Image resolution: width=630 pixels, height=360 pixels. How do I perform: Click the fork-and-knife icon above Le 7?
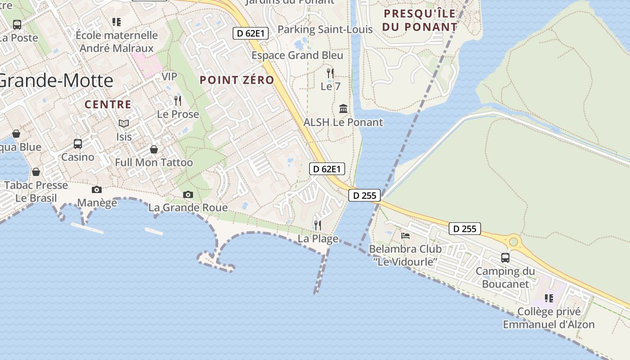(330, 73)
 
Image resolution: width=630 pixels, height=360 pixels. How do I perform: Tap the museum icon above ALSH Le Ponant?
(343, 109)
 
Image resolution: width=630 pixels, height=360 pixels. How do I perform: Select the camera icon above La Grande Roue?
(188, 195)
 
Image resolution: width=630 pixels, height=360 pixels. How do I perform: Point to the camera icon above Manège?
(97, 190)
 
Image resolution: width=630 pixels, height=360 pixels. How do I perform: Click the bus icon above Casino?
(78, 144)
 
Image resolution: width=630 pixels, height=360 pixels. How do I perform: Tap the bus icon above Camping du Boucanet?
(505, 258)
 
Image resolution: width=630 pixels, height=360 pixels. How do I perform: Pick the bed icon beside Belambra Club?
(405, 235)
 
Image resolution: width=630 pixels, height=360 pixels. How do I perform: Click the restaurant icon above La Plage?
(318, 225)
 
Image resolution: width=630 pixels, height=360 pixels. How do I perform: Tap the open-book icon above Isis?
(124, 123)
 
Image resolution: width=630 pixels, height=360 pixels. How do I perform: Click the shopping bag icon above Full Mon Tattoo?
(154, 149)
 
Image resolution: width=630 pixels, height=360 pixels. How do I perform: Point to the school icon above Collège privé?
(549, 298)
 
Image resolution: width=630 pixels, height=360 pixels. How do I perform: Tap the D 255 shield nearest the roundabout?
(465, 229)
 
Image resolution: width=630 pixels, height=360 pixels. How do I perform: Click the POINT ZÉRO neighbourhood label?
(237, 80)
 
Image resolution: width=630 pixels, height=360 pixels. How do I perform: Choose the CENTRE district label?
(108, 105)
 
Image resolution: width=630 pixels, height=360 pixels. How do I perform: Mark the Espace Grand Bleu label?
(297, 55)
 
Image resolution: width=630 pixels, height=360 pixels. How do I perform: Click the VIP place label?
(169, 76)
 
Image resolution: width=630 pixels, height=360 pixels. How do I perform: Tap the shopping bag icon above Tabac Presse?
(36, 172)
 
